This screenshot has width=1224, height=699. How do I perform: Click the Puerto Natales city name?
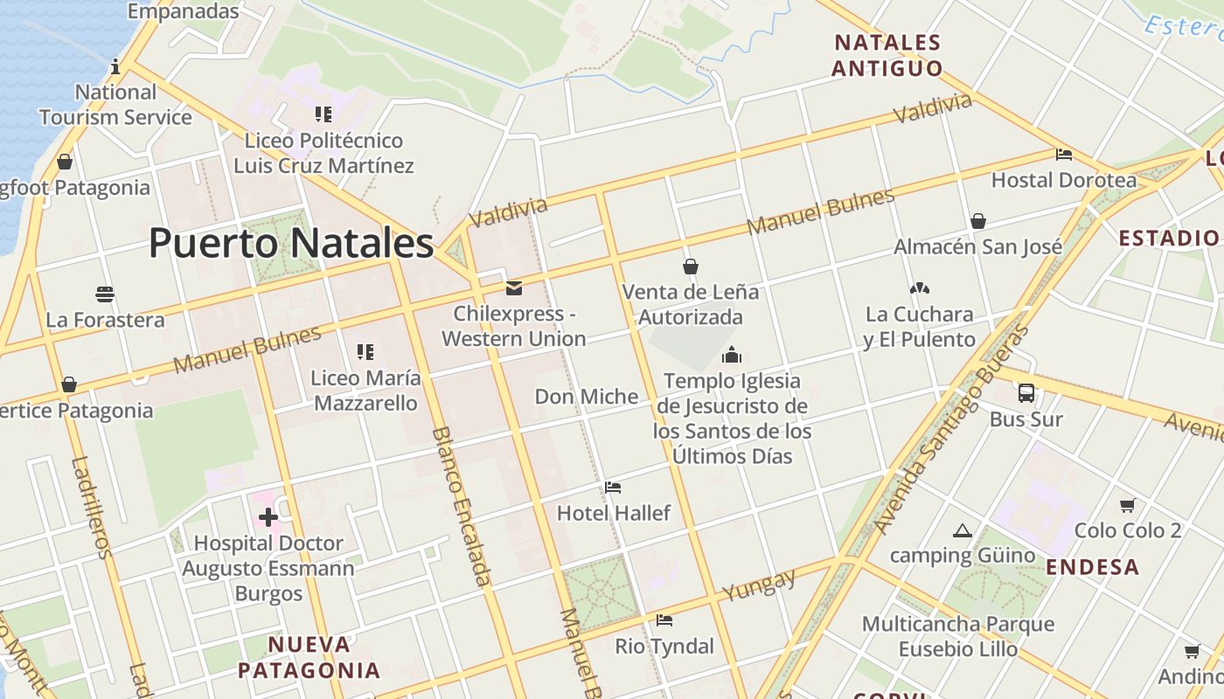(x=291, y=243)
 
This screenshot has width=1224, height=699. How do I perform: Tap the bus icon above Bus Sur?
(x=1026, y=393)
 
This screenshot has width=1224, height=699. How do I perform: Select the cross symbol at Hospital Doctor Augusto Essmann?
(x=268, y=517)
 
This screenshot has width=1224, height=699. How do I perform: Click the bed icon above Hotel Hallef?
(x=613, y=488)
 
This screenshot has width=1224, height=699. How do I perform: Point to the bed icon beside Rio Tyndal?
(x=664, y=620)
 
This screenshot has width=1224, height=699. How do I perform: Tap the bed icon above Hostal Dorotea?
(x=1064, y=155)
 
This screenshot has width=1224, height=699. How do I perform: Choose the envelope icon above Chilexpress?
(x=514, y=287)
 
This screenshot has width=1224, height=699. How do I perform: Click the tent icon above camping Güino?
(x=963, y=530)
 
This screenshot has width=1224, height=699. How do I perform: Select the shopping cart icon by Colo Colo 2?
(x=1128, y=505)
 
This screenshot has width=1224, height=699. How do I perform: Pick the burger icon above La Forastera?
(x=105, y=294)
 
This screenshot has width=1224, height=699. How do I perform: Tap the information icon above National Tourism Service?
(x=115, y=66)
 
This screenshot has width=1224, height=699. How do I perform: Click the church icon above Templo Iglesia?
(x=732, y=355)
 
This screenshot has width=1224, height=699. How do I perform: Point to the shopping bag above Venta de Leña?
(x=691, y=266)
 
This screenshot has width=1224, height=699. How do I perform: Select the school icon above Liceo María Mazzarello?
(x=365, y=352)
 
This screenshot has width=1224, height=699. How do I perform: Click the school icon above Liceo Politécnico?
(x=323, y=114)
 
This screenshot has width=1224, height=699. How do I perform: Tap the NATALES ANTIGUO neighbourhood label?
(x=887, y=55)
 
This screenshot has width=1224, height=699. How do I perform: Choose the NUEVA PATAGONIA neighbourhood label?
(x=309, y=658)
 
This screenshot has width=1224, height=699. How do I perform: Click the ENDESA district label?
(x=1093, y=567)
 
